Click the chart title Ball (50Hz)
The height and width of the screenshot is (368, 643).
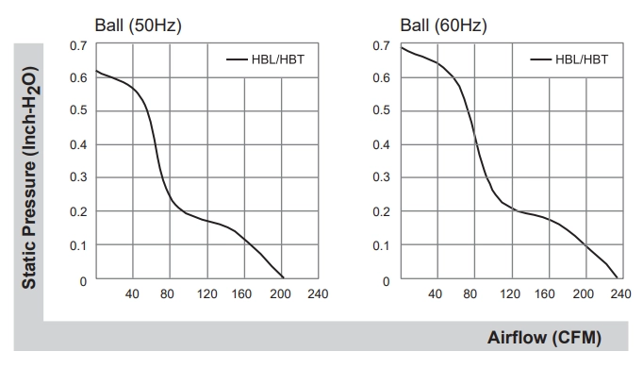pos(139,25)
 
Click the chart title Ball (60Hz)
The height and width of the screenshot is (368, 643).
pos(444,25)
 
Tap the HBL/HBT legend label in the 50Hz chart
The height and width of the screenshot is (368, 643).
pos(278,59)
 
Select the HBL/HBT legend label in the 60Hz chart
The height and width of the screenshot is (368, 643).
pos(582,59)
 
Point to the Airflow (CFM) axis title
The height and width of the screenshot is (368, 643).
pos(544,338)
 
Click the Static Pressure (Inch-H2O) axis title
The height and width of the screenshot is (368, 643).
pos(29,177)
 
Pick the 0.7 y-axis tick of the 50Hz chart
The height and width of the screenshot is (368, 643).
pos(78,45)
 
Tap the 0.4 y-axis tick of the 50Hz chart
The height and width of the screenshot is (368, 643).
pos(78,144)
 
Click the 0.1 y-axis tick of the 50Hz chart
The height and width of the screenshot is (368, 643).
pos(78,245)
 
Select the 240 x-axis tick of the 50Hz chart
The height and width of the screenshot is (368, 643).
pos(318,293)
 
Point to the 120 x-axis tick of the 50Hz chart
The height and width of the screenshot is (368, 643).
pos(206,293)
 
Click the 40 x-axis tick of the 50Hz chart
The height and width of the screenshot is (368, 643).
pos(132,293)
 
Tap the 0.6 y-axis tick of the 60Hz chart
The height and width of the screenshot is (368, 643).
pos(382,77)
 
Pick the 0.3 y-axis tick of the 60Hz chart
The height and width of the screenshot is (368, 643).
pos(382,177)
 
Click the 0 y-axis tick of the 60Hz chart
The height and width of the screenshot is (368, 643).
pos(386,281)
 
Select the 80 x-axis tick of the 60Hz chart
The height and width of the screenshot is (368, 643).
pos(470,293)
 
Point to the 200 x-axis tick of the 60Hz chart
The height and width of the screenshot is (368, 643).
pos(583,293)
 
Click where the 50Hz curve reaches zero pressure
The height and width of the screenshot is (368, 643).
pos(284,278)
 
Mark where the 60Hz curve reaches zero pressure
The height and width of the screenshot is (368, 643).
pos(618,278)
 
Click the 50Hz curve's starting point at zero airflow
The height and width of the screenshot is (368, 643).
pos(96,71)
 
